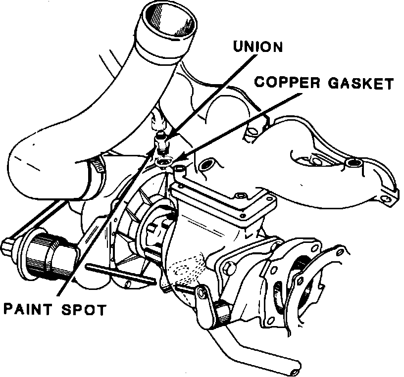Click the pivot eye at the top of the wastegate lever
pos(201,291)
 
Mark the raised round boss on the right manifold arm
pos(353,162)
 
